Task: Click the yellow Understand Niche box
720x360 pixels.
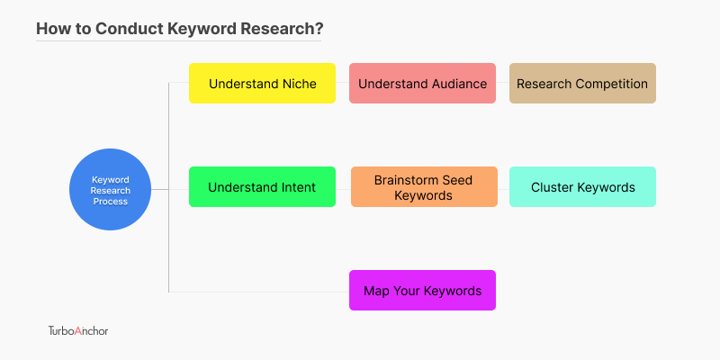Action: (x=262, y=83)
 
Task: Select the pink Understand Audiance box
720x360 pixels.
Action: (x=422, y=83)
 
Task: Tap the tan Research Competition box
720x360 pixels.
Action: (x=582, y=83)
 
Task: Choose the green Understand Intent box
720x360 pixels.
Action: (x=262, y=187)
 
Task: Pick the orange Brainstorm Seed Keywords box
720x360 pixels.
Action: (x=424, y=187)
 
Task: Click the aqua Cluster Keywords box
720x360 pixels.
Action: (x=582, y=187)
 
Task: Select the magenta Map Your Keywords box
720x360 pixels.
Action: (x=422, y=290)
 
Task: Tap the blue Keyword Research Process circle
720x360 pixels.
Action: (x=110, y=189)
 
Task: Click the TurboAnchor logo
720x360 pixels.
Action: (x=78, y=330)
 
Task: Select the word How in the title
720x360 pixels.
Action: (x=50, y=29)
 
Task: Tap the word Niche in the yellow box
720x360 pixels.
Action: (x=300, y=84)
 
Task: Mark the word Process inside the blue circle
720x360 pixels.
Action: (x=110, y=202)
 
